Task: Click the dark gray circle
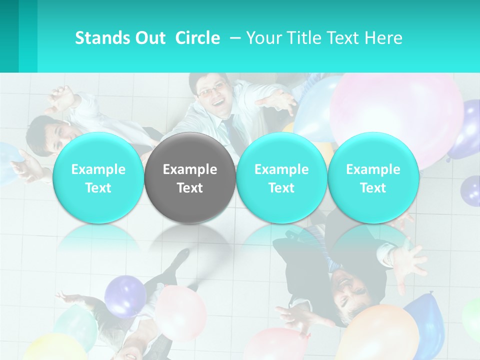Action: point(190,177)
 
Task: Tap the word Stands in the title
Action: point(101,38)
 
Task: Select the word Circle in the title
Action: point(197,38)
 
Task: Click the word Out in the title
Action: point(150,38)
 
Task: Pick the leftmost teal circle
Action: point(98,177)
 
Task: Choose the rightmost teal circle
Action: point(373,177)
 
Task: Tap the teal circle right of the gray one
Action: point(281,177)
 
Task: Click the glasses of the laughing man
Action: point(211,90)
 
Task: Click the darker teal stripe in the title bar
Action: point(28,36)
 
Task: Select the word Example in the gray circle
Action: point(190,169)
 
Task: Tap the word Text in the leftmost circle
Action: point(98,188)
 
